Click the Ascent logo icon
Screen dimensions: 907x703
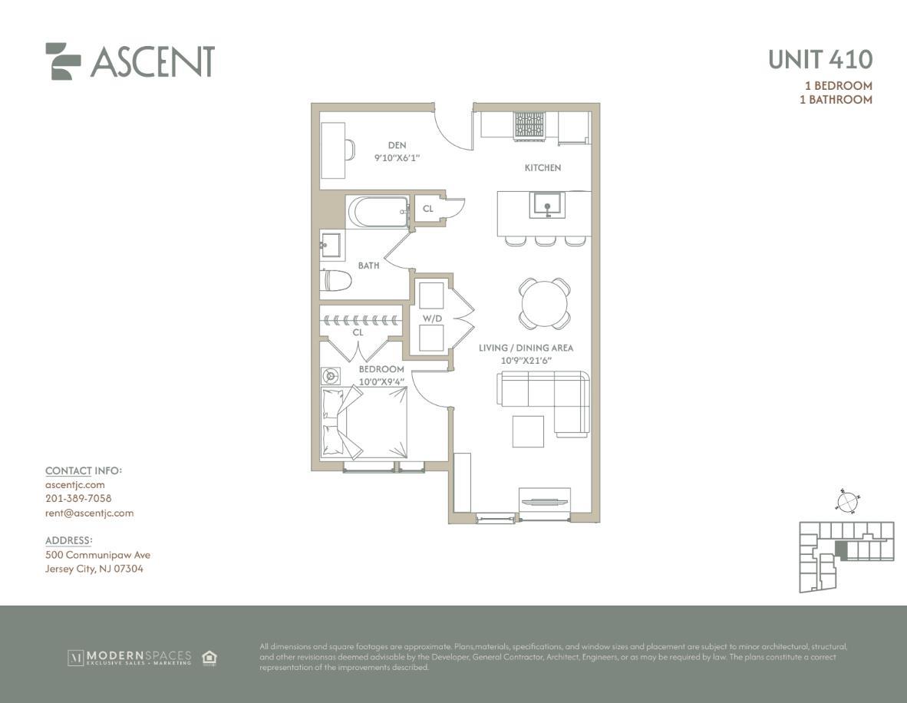point(62,61)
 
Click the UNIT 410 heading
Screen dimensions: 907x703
point(820,59)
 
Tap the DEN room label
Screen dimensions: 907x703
point(397,145)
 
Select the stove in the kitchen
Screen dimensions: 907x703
point(529,126)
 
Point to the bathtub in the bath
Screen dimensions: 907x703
point(378,213)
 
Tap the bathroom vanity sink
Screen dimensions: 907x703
point(331,246)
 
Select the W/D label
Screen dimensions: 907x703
point(431,318)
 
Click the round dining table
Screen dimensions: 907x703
point(544,303)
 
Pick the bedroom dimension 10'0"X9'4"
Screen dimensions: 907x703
point(381,381)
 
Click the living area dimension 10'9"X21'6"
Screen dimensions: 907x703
point(526,361)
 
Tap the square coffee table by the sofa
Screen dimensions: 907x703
point(528,431)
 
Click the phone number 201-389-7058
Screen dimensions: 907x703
point(78,498)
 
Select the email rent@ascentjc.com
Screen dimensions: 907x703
point(89,513)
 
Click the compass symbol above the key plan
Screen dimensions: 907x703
point(847,501)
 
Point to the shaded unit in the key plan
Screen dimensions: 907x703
point(842,550)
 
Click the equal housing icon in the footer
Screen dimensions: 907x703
point(209,657)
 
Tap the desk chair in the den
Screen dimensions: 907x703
point(349,150)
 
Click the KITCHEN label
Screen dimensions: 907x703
point(543,168)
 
